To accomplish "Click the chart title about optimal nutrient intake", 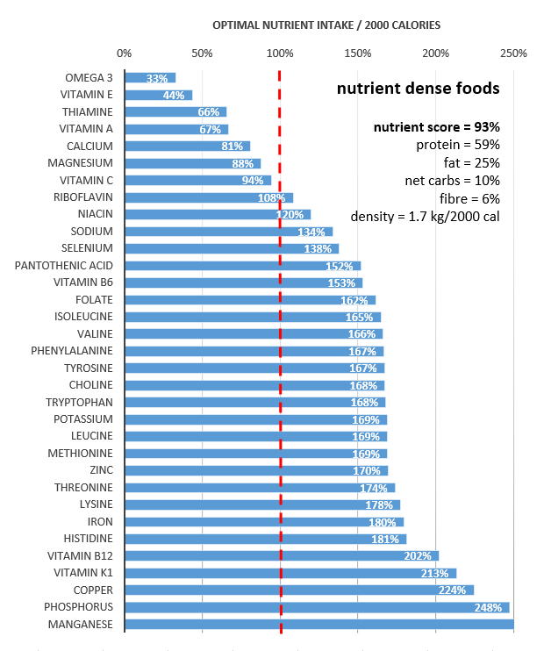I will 326,25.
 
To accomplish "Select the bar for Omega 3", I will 150,78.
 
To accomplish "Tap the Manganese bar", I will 319,624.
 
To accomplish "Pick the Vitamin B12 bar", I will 281,555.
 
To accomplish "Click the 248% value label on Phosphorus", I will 488,607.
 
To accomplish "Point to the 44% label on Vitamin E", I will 173,95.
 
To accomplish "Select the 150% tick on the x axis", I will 358,54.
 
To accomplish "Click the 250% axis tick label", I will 513,54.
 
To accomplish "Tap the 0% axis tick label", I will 125,54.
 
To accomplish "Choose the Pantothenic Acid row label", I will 64,265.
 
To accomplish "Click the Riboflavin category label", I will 83,197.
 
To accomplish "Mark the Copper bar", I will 298,590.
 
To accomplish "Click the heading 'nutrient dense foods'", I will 418,89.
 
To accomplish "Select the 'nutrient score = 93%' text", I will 437,127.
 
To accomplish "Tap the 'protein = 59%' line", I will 457,145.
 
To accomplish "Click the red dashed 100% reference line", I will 281,351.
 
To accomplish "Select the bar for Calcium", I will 187,146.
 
